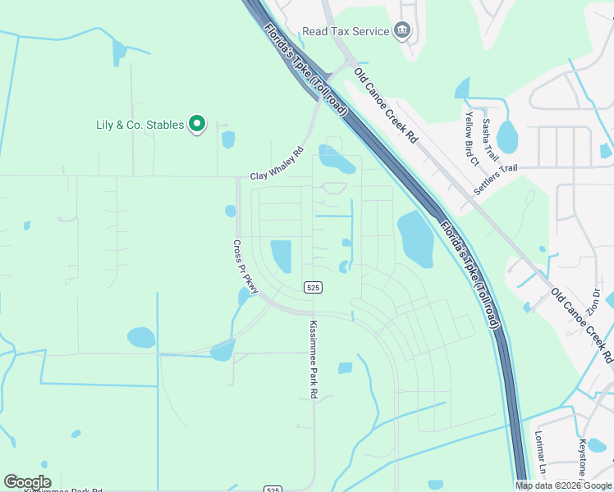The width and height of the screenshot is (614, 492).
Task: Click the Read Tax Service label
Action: point(346,31)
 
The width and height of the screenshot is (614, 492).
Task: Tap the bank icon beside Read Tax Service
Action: point(402,31)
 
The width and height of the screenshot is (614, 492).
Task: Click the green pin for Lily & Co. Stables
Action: point(197,124)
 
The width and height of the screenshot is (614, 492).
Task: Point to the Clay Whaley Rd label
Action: point(277,163)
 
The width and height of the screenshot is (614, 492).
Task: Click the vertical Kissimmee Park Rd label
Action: point(313,359)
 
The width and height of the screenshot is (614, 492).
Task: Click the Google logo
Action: point(27,482)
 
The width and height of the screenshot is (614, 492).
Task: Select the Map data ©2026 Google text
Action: point(563,485)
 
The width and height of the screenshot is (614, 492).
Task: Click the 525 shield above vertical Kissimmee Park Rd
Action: point(312,287)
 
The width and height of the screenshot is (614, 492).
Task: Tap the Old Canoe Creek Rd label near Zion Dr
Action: point(582,325)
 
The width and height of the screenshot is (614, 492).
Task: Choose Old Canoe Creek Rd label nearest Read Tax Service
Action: point(386,105)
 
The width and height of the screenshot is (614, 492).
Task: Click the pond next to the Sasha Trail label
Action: point(506,137)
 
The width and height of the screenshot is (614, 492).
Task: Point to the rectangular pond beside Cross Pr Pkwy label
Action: point(281,256)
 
